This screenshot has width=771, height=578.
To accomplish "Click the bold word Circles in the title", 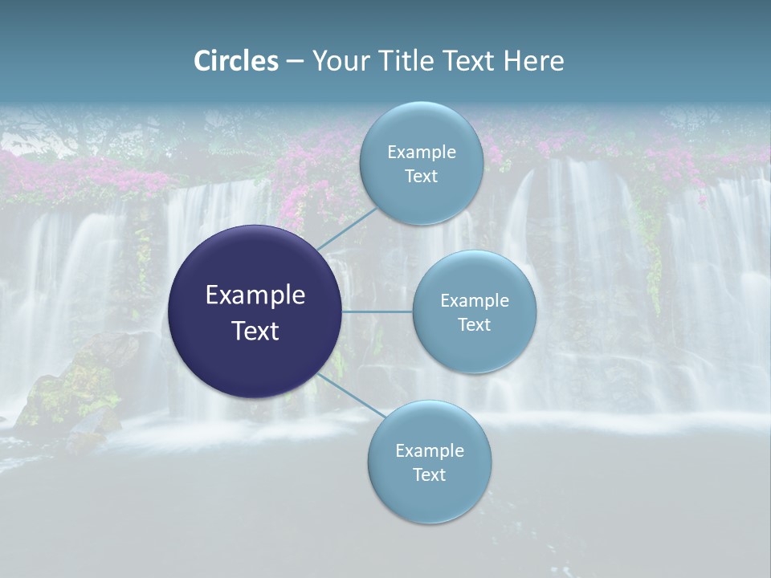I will click(x=236, y=61).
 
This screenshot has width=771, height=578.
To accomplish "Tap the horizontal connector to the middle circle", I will click(x=377, y=311).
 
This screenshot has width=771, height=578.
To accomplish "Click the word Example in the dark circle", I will click(x=255, y=295).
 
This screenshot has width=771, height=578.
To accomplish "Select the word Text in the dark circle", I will click(x=255, y=331).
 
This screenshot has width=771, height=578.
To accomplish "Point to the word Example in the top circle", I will click(x=421, y=153).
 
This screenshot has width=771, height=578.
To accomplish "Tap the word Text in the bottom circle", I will click(x=429, y=474).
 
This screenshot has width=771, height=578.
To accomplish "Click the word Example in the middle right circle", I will click(x=474, y=301).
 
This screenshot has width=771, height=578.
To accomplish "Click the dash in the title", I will click(x=295, y=62).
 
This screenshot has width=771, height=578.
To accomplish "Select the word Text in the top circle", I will click(x=421, y=177).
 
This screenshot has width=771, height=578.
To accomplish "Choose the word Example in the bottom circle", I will click(x=429, y=450).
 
